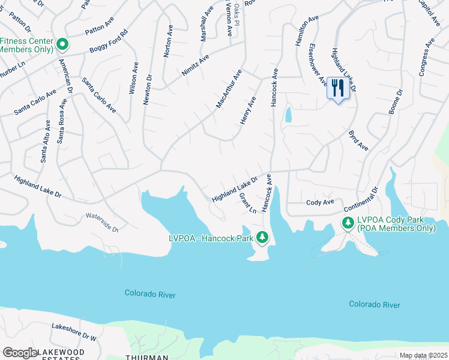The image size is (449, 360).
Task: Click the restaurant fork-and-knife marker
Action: point(337,89)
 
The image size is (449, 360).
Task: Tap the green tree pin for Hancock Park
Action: point(262,238)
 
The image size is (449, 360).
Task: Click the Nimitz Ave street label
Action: point(195,65)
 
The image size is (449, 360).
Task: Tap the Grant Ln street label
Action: point(248,203)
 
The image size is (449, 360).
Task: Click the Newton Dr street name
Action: point(146,83)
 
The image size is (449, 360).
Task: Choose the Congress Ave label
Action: point(426,58)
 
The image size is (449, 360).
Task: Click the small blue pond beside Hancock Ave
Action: point(288,115)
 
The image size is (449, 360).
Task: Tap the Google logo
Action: point(20,353)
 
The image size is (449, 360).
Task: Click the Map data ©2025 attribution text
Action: point(423,356)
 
